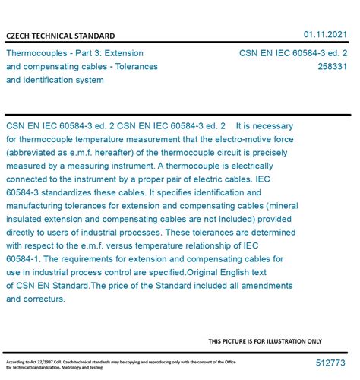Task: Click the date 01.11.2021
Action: pos(325,34)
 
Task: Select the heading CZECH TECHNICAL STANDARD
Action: pos(61,36)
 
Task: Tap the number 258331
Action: pos(333,67)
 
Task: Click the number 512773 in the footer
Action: pos(331,364)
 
